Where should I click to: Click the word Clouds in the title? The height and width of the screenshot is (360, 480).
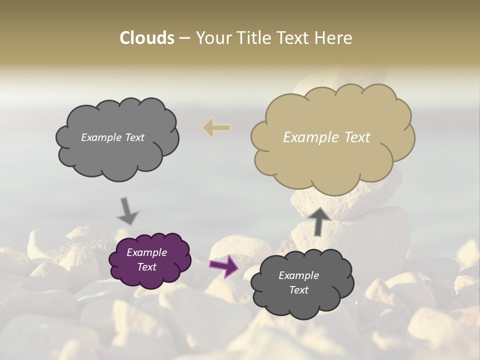[146, 38]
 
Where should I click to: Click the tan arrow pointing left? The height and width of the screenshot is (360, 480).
[216, 128]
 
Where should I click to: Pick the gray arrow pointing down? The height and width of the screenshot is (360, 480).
[127, 211]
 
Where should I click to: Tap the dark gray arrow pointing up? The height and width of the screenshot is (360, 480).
[318, 221]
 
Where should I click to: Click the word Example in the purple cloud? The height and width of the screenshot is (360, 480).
[146, 252]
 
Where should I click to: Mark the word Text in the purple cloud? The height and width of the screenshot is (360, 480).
[146, 267]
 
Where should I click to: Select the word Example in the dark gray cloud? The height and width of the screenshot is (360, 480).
[298, 275]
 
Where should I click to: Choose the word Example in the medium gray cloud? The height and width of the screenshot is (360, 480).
[100, 137]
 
